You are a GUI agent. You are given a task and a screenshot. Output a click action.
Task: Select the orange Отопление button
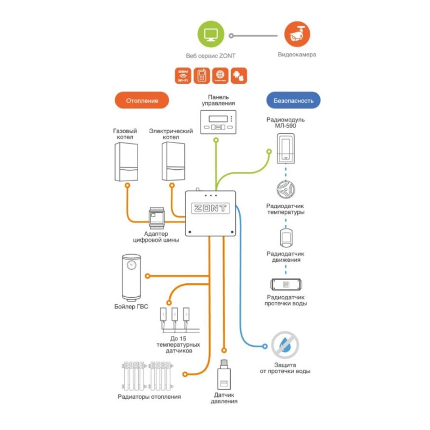[142, 101]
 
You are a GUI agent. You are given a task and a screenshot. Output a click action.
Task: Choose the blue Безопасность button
[293, 101]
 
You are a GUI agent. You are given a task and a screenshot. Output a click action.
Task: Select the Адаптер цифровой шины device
[156, 216]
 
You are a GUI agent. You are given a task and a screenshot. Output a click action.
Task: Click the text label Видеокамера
[297, 55]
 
